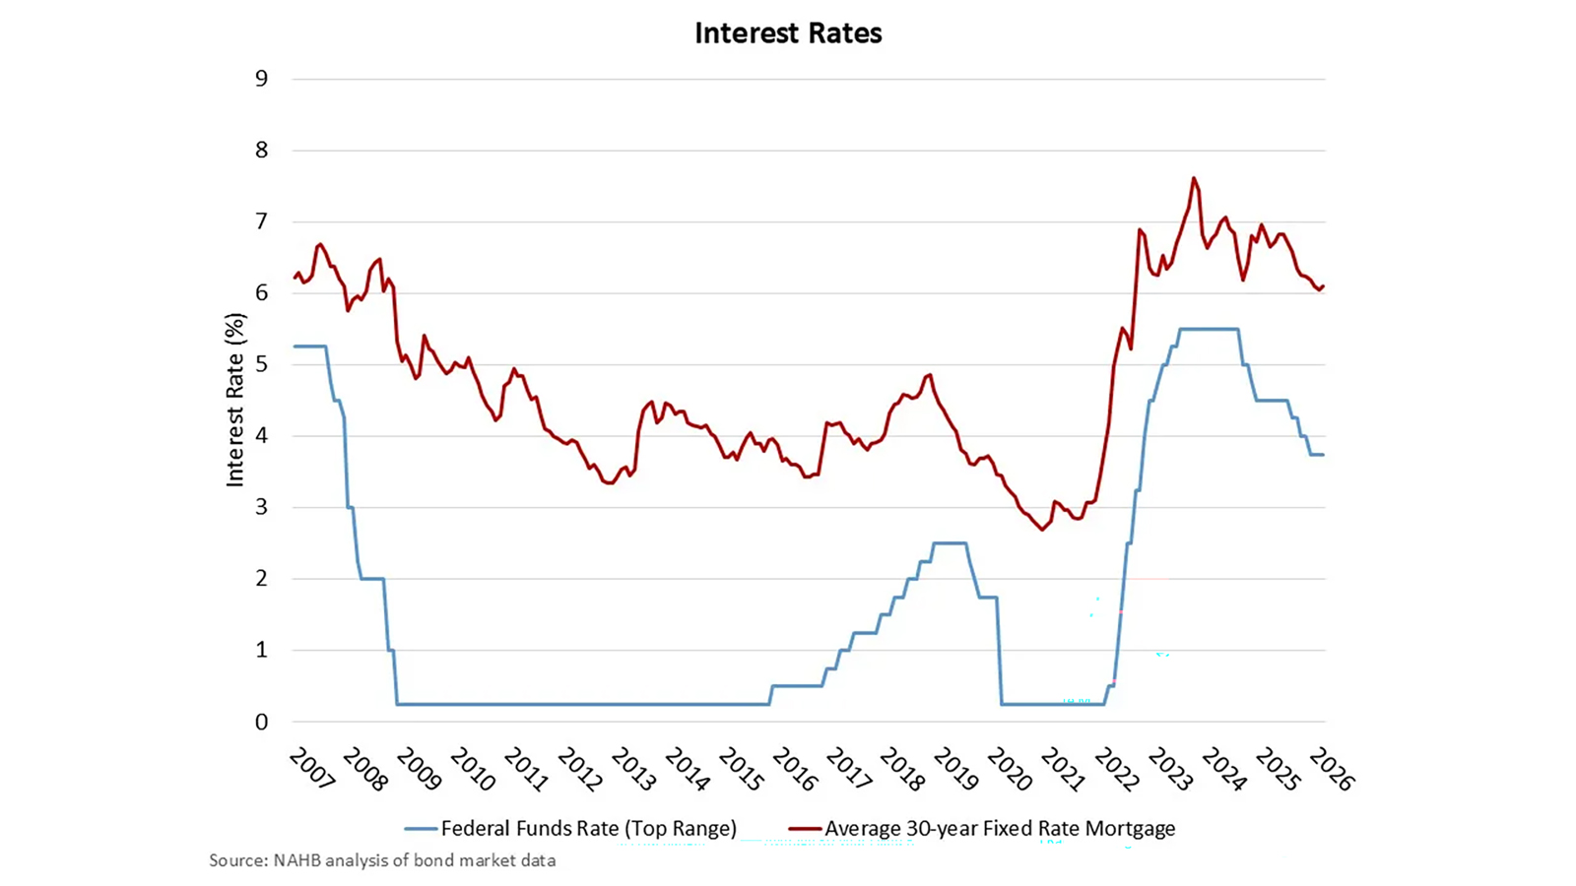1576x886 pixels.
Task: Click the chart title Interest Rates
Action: click(x=788, y=33)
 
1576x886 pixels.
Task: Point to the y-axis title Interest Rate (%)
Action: click(x=234, y=400)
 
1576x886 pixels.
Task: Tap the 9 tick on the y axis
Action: click(x=261, y=79)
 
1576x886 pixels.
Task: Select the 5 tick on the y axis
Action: click(x=261, y=364)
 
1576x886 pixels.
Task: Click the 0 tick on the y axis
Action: click(x=261, y=722)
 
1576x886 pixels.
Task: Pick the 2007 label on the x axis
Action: click(x=312, y=768)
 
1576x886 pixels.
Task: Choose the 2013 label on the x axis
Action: click(x=633, y=768)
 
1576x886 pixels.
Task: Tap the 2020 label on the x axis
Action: click(x=1009, y=768)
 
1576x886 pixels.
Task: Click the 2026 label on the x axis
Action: click(x=1331, y=768)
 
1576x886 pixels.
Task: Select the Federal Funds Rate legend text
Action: click(x=588, y=829)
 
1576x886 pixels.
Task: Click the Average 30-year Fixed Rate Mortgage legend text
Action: click(x=1000, y=829)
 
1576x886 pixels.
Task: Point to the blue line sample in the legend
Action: click(x=421, y=829)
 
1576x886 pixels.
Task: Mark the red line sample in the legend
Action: click(x=805, y=829)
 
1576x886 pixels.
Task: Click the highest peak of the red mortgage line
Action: click(x=1194, y=178)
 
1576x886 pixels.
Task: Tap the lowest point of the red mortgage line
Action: click(x=1042, y=530)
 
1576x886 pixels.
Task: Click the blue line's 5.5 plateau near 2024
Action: click(x=1209, y=329)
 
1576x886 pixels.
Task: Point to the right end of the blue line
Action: click(x=1323, y=455)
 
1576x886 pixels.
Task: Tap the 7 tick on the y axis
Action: click(x=261, y=221)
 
